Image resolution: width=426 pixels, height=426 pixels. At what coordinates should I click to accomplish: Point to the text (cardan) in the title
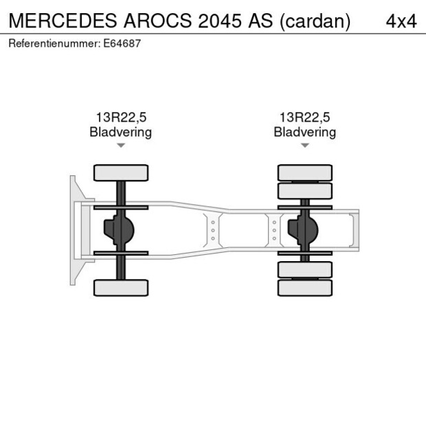click(x=315, y=21)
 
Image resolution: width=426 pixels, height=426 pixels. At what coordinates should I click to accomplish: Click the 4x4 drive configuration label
click(x=401, y=21)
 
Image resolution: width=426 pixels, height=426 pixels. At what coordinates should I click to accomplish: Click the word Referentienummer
click(x=51, y=43)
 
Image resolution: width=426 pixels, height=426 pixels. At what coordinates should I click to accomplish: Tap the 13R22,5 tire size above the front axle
click(x=120, y=118)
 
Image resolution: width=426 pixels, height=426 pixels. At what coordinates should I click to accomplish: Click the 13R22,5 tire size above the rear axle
click(x=304, y=118)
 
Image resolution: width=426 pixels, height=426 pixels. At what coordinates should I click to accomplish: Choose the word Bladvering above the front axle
click(x=120, y=132)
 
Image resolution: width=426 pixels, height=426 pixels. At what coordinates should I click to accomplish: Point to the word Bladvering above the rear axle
click(x=304, y=132)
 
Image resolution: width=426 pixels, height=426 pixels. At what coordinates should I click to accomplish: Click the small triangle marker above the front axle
click(x=121, y=146)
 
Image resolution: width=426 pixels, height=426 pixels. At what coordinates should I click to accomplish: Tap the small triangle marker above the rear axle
click(x=304, y=146)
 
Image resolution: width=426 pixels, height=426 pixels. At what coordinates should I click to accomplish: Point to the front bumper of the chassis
click(x=74, y=230)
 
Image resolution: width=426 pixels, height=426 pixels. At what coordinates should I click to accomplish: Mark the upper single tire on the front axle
click(x=121, y=172)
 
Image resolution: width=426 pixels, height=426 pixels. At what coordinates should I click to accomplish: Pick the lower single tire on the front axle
click(x=121, y=288)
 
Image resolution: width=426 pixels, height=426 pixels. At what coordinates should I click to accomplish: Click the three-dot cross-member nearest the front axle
click(x=213, y=230)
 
